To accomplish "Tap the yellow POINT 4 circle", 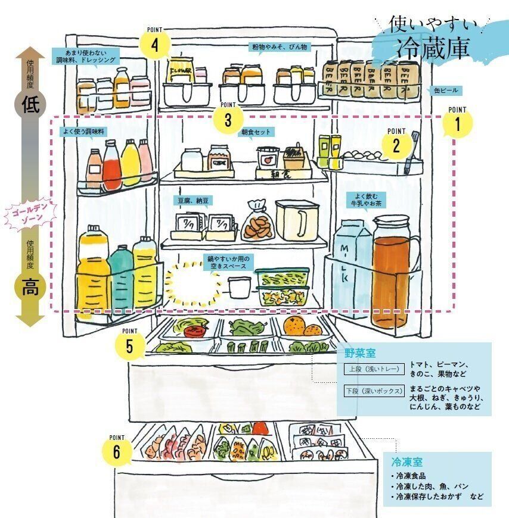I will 154,45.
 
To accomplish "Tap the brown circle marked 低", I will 30,105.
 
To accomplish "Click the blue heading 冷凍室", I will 406,462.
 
